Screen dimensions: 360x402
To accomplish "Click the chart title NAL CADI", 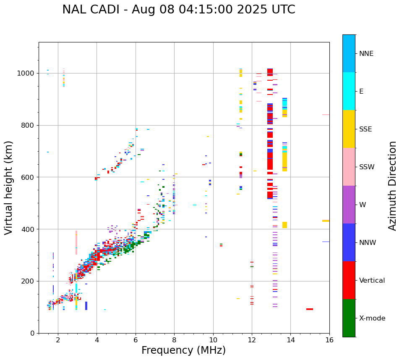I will point(178,10).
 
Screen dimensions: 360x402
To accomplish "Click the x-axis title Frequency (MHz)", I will point(183,350).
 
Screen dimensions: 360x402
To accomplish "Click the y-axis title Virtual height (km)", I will point(9,188).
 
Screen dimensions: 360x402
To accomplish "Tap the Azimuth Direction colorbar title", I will point(392,186).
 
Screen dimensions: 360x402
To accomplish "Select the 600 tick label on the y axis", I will point(28,177).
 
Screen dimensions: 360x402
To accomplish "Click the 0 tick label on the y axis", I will point(32,333).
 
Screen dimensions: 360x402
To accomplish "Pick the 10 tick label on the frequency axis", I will point(213,340).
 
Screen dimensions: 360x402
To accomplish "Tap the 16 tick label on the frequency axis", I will point(329,340).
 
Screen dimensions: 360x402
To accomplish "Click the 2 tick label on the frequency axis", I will point(58,340).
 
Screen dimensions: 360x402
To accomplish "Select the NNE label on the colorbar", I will point(366,54).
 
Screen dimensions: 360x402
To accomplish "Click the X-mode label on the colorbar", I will point(372,318).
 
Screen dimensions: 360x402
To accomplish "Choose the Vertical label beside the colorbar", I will point(372,281).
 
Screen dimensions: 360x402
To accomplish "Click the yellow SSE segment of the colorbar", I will point(349,129).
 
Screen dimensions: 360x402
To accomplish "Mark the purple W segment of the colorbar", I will point(349,205).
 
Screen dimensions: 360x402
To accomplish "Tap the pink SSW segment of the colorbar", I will point(349,167).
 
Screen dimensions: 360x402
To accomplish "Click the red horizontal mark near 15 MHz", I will point(310,309).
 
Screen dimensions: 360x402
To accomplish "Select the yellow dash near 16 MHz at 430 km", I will point(326,221).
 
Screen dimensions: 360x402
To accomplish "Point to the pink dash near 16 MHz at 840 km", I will point(326,115).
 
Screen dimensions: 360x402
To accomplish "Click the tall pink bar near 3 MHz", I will point(76,242).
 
